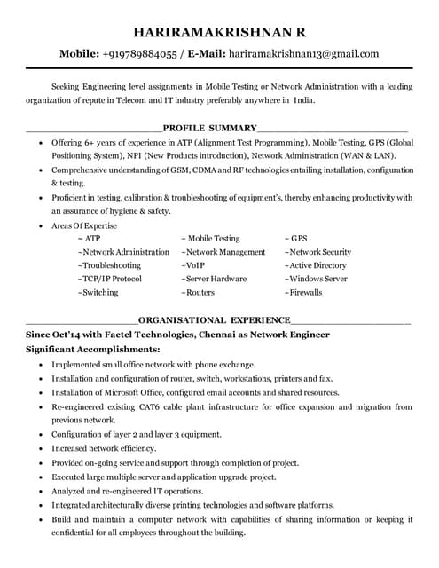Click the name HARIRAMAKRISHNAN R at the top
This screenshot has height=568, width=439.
tap(219, 32)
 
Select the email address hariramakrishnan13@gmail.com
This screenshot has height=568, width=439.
tap(304, 53)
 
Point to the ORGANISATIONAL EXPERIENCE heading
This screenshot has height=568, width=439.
tap(215, 319)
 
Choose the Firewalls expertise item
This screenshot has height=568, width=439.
tap(303, 292)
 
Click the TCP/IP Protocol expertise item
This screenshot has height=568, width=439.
tap(110, 279)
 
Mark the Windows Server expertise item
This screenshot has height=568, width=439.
tap(316, 279)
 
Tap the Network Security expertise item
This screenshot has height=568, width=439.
tap(317, 252)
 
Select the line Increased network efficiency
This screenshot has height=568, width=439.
tap(104, 448)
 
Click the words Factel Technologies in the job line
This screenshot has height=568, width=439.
tap(132, 335)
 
